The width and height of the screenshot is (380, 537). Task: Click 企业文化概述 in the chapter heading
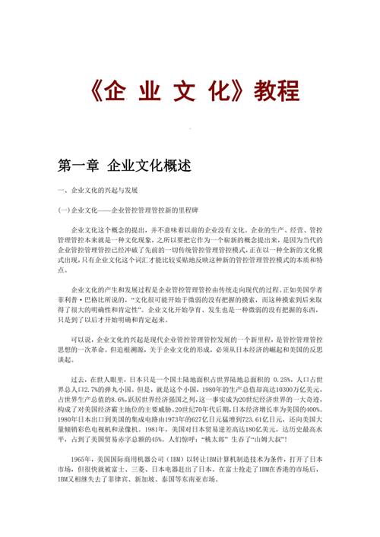150,165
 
